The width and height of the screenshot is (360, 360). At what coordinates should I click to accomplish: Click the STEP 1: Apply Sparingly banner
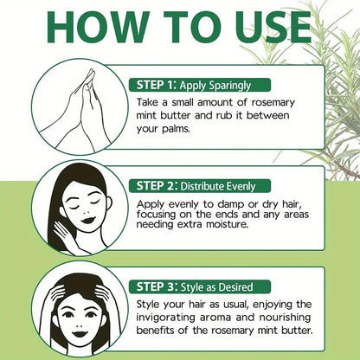click(199, 85)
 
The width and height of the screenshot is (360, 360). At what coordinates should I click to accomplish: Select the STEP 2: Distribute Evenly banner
click(203, 186)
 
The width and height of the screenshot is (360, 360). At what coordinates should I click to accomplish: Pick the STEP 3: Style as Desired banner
click(202, 285)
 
